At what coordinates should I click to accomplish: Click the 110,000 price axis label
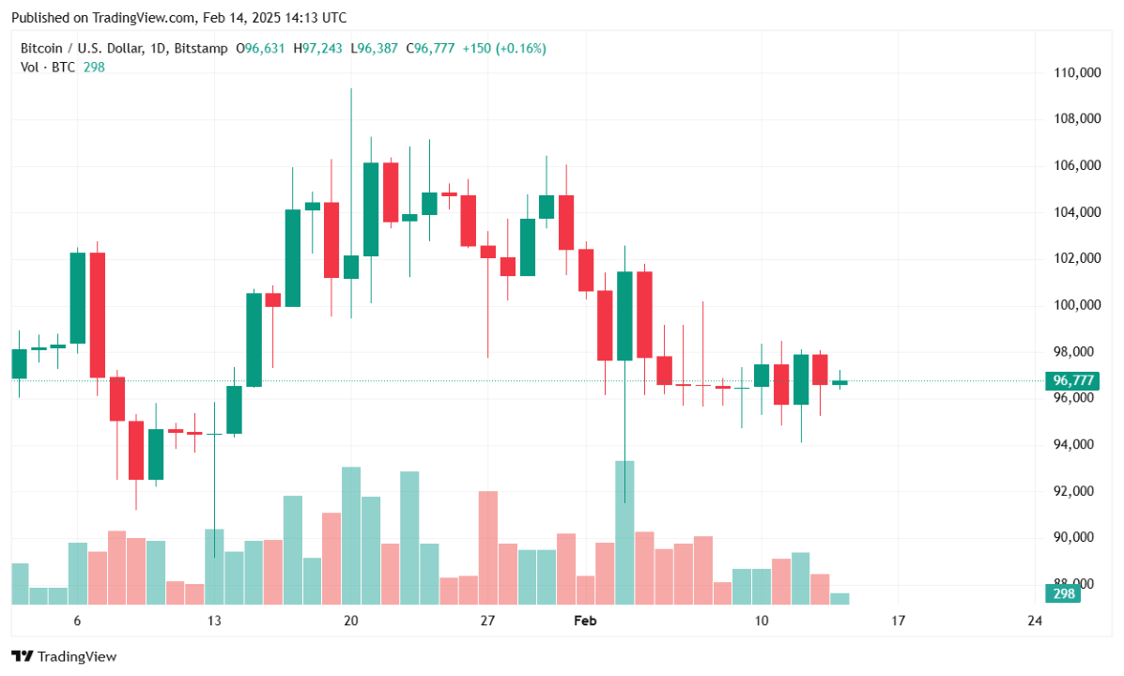click(1074, 72)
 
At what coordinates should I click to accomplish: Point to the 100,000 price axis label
click(1074, 305)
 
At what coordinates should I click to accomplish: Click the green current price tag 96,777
click(1074, 381)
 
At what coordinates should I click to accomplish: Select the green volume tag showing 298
click(1063, 594)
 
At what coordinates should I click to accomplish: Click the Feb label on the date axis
click(585, 621)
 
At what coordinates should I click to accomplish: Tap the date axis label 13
click(214, 621)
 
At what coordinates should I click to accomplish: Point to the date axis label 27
click(487, 621)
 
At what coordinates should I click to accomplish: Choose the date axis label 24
click(1035, 621)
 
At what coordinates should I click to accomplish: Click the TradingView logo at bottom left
click(64, 656)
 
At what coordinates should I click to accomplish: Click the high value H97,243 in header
click(319, 48)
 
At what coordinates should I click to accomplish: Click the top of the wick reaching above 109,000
click(351, 90)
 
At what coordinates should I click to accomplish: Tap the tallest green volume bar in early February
click(624, 531)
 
